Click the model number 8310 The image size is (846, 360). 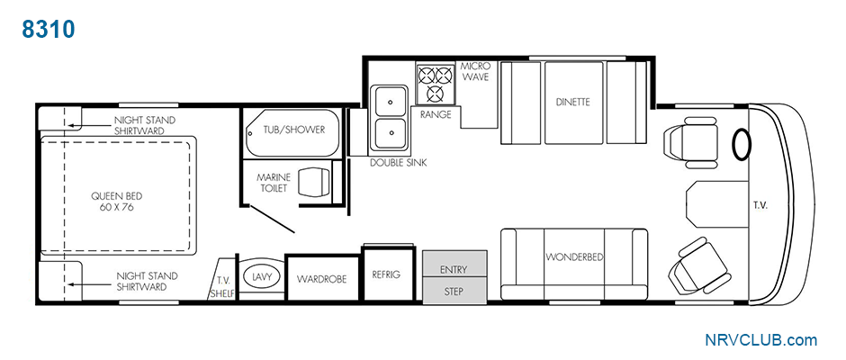coord(48,30)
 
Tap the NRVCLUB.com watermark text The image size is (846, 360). coord(760,340)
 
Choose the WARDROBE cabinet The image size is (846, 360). coord(321,278)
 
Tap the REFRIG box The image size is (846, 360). coord(386,274)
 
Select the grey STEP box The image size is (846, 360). coord(454,290)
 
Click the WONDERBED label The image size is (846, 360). coord(573,256)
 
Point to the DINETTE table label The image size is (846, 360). coord(573,102)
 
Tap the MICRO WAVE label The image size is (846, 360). coord(475,71)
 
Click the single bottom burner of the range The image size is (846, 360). coord(436,94)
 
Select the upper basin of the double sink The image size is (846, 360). coord(391,101)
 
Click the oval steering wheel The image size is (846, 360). coord(742,145)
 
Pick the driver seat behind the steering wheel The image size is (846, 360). coord(690,141)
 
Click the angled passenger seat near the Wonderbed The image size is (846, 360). coord(699,265)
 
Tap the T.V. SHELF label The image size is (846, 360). coord(221,287)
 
